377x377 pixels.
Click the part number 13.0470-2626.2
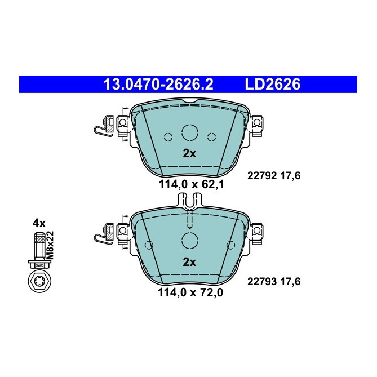point(159,85)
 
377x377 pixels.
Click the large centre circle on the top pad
point(189,133)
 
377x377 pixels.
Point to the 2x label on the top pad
point(189,153)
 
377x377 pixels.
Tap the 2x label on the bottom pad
point(189,261)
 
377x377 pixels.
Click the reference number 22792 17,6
point(274,175)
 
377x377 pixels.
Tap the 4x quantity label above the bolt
point(38,223)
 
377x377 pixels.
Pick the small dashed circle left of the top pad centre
point(167,136)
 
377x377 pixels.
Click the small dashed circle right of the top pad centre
point(212,136)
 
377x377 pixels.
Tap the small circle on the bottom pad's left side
point(149,244)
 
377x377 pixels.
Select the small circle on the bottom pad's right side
point(230,244)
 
